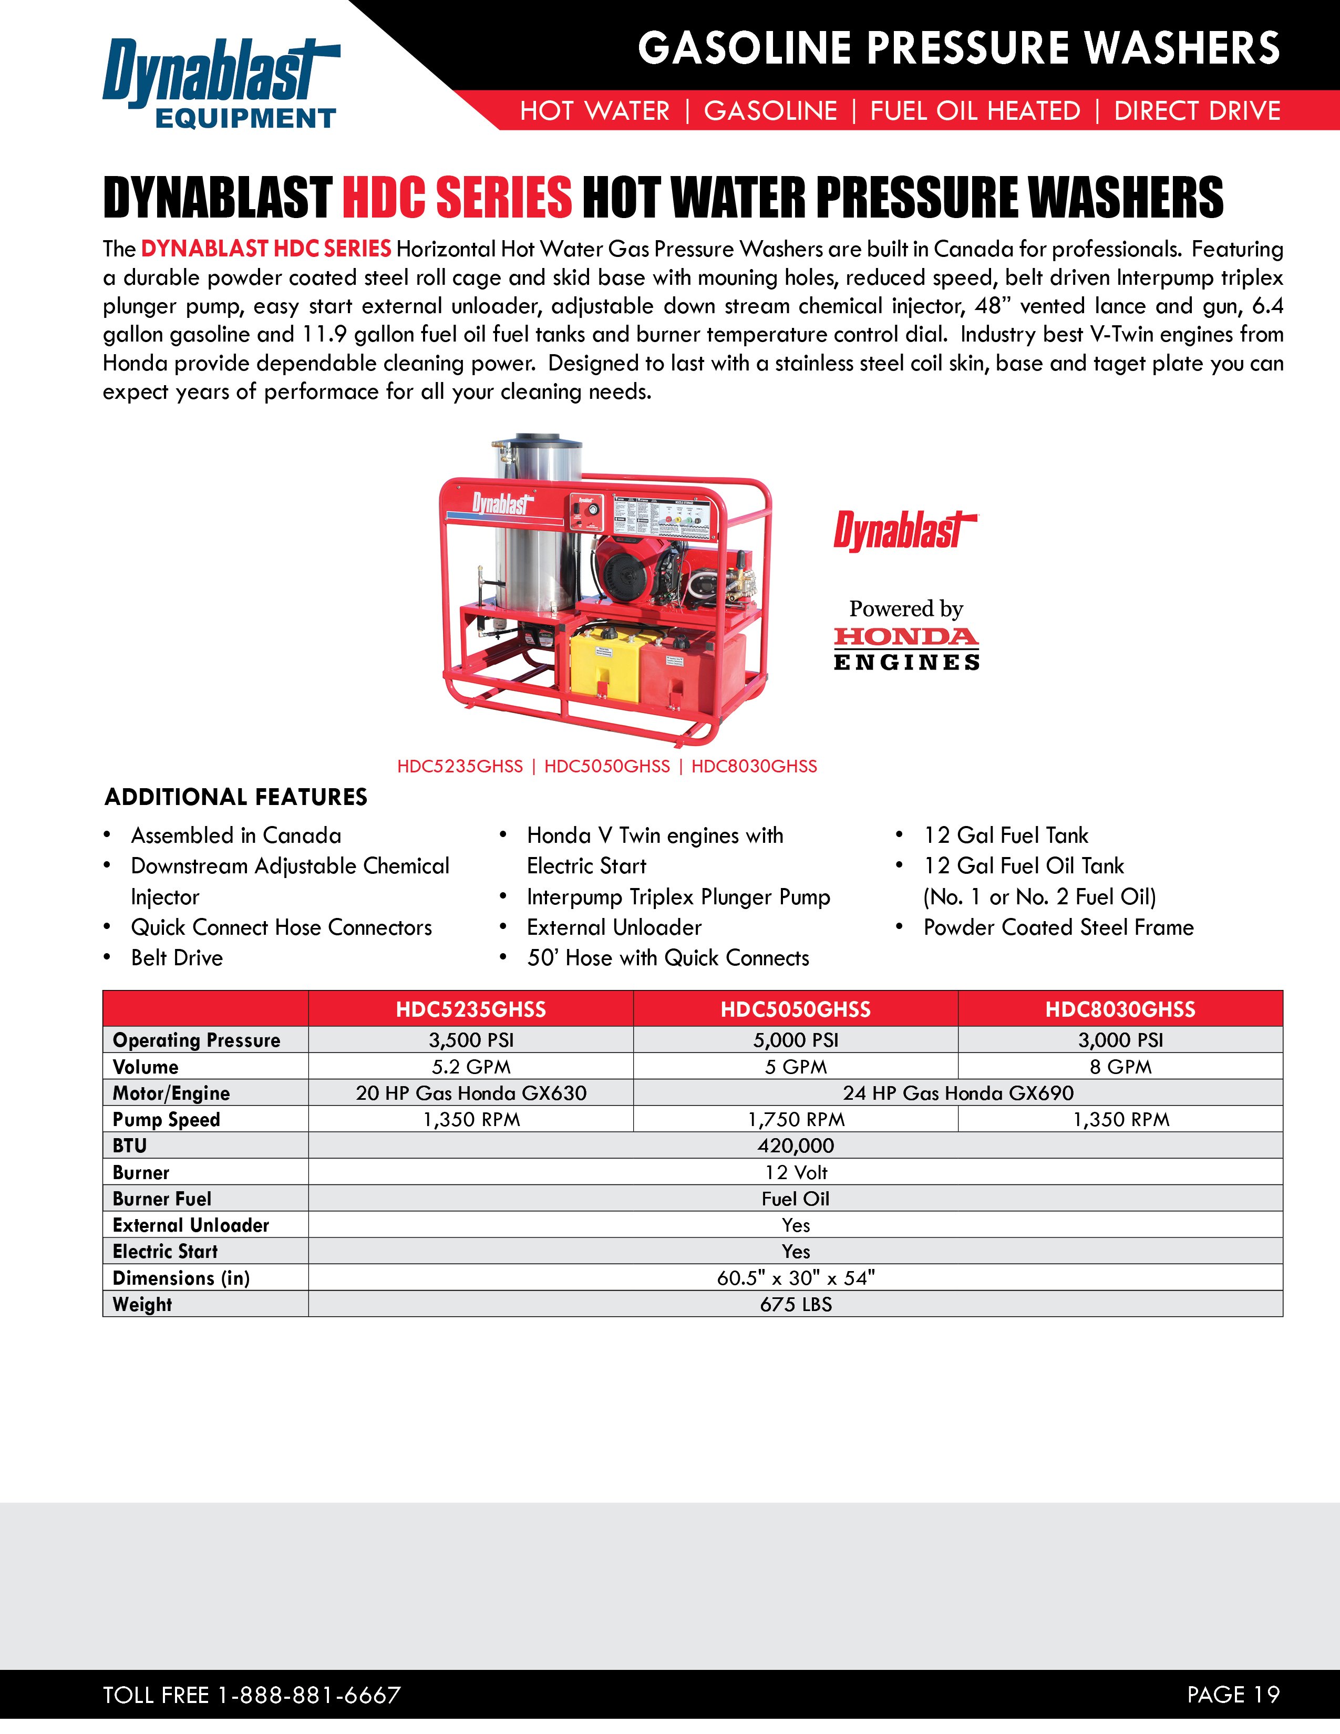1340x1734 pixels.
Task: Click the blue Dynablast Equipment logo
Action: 221,84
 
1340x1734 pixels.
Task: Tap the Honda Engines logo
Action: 906,648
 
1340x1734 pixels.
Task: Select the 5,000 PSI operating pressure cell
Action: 796,1040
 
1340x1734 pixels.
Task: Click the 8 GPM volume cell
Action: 1120,1066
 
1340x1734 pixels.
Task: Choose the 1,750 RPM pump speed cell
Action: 796,1119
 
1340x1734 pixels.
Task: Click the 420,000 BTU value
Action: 796,1145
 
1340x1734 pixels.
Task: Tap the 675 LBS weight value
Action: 796,1305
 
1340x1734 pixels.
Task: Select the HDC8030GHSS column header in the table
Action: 1120,1009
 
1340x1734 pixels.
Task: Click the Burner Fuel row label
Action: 162,1199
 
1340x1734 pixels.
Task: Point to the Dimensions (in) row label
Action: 181,1278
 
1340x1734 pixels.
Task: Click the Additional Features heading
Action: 236,797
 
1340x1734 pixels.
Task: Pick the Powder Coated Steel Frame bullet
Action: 1058,927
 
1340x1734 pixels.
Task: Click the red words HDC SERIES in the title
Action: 457,197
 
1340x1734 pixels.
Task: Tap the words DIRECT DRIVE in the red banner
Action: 1197,110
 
